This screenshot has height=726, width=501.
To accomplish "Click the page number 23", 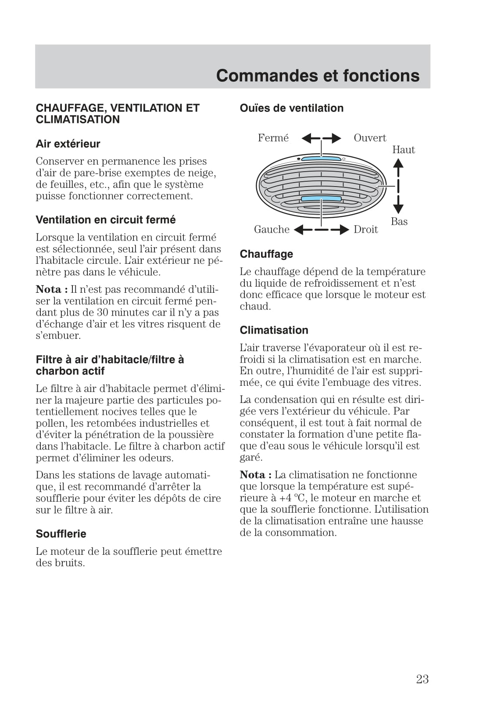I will pyautogui.click(x=422, y=679).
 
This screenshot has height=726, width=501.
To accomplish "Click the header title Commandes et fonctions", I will pyautogui.click(x=318, y=75).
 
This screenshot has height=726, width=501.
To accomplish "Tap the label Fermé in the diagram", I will pyautogui.click(x=273, y=138).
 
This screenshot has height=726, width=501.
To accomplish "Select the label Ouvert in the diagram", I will pyautogui.click(x=370, y=138).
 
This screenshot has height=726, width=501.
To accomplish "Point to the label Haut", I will pyautogui.click(x=403, y=150).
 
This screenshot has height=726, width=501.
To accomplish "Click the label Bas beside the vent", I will pyautogui.click(x=399, y=221).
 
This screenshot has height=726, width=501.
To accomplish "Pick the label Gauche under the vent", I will pyautogui.click(x=272, y=229).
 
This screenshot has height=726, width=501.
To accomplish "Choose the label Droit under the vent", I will pyautogui.click(x=365, y=229).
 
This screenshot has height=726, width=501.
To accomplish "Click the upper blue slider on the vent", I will pyautogui.click(x=321, y=159).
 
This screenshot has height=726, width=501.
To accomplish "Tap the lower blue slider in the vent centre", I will pyautogui.click(x=321, y=199).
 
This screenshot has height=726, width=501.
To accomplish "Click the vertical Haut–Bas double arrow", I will pyautogui.click(x=398, y=186).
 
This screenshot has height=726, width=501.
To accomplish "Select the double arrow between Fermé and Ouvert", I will pyautogui.click(x=321, y=139).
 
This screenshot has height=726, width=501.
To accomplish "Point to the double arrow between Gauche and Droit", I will pyautogui.click(x=321, y=230).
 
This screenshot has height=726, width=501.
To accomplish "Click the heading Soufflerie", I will pyautogui.click(x=61, y=534).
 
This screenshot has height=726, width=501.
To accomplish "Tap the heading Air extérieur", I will pyautogui.click(x=68, y=144).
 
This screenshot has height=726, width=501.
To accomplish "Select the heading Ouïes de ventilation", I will pyautogui.click(x=291, y=108).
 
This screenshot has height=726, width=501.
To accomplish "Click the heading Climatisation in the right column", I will pyautogui.click(x=274, y=330).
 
